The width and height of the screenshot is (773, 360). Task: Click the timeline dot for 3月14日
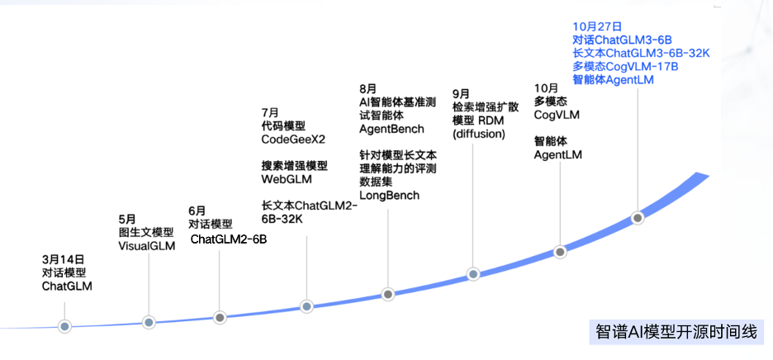pyautogui.click(x=64, y=326)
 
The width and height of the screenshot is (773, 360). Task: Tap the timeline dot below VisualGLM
pyautogui.click(x=149, y=323)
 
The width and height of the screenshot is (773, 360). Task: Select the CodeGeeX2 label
pyautogui.click(x=293, y=140)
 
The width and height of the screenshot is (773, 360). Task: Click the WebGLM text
pyautogui.click(x=287, y=179)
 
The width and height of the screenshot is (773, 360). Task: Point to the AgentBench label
pyautogui.click(x=391, y=129)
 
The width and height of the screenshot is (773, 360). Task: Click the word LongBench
pyautogui.click(x=389, y=196)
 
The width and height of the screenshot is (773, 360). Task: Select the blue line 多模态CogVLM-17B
pyautogui.click(x=625, y=66)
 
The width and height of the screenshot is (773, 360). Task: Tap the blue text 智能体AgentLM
pyautogui.click(x=614, y=79)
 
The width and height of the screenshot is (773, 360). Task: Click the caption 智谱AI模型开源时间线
pyautogui.click(x=676, y=331)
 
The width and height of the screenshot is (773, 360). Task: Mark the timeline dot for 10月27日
pyautogui.click(x=638, y=218)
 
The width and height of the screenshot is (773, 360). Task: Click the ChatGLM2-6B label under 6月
pyautogui.click(x=229, y=239)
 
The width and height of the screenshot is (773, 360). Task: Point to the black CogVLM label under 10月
pyautogui.click(x=557, y=116)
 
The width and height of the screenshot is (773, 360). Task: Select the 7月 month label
pyautogui.click(x=270, y=112)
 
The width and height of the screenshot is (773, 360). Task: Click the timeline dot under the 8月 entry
pyautogui.click(x=388, y=295)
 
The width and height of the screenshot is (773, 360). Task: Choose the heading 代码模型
pyautogui.click(x=282, y=126)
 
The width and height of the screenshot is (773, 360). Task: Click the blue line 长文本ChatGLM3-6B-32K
pyautogui.click(x=641, y=53)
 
